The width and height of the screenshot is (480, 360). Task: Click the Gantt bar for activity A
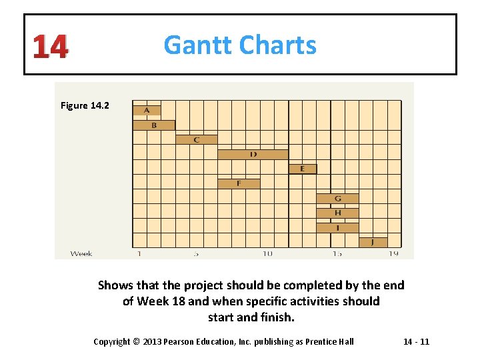tap(147, 110)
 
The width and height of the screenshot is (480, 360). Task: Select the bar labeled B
tap(154, 125)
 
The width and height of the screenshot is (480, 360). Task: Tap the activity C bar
tap(197, 139)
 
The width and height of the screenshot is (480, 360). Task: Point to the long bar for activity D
tap(253, 155)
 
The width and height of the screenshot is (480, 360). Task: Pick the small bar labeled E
tap(303, 169)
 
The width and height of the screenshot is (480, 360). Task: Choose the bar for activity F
tap(239, 183)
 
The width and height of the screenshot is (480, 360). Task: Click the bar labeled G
tap(337, 199)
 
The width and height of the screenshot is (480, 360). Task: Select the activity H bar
tap(337, 213)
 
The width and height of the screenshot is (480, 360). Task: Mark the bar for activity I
tap(337, 227)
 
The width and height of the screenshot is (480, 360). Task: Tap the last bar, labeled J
tap(373, 242)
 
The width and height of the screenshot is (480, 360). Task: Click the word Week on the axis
tap(81, 253)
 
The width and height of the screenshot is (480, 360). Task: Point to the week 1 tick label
tap(139, 253)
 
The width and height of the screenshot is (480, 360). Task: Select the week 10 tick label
tap(267, 253)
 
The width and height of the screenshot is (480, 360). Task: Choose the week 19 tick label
tap(394, 253)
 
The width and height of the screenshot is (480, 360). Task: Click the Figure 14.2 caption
tap(85, 105)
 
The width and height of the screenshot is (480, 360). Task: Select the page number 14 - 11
tap(416, 341)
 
